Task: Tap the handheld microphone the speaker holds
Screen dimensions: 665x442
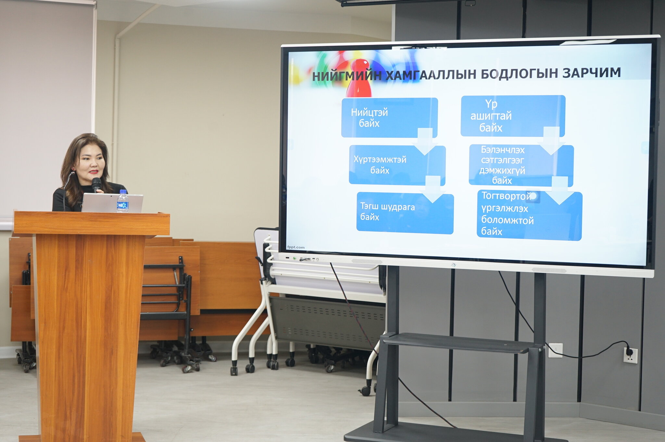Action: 96,185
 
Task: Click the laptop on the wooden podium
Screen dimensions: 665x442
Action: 112,203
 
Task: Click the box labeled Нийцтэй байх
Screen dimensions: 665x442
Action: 389,117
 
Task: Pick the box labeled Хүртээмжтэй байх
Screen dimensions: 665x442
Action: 397,165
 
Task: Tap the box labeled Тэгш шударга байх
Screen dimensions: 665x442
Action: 405,213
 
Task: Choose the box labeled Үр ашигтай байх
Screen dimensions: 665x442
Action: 513,116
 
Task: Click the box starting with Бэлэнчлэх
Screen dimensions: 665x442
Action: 521,166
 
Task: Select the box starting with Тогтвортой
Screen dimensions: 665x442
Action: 529,215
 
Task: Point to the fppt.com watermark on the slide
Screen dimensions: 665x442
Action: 296,247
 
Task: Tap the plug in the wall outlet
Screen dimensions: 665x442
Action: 629,351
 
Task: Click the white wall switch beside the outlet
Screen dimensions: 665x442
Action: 555,350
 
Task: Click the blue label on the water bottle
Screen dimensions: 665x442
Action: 122,205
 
